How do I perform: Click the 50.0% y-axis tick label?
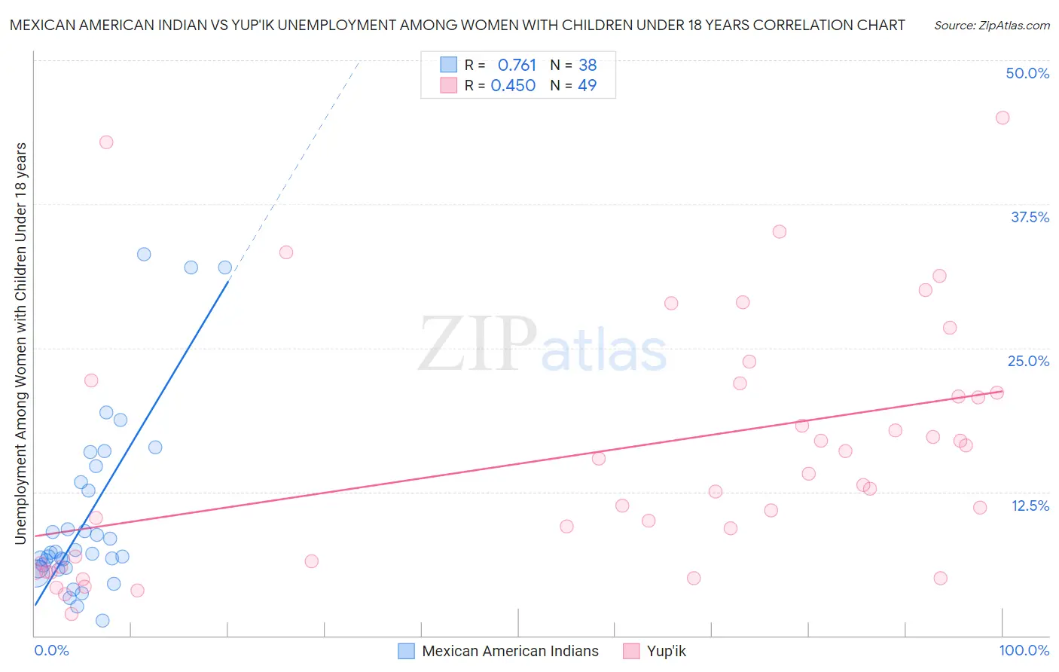(x=1027, y=73)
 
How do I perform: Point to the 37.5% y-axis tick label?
(x=1030, y=217)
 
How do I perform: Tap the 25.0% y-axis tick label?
(x=1028, y=361)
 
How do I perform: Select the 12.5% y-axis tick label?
(x=1030, y=506)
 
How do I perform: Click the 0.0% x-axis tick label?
(x=51, y=650)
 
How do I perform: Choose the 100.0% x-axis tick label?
(x=1024, y=650)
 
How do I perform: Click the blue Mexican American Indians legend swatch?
(x=406, y=651)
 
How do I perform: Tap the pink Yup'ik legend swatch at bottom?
(x=631, y=651)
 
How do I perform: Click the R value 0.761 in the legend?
(x=517, y=66)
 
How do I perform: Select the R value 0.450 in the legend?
(x=513, y=86)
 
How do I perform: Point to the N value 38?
(x=587, y=66)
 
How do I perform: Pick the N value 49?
(x=587, y=86)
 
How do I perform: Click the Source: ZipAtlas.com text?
(x=991, y=25)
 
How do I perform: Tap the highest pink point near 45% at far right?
(x=1002, y=118)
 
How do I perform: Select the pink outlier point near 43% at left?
(x=106, y=142)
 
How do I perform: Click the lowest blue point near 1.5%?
(x=102, y=621)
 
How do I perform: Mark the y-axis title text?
(x=20, y=343)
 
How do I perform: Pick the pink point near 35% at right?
(x=779, y=232)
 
